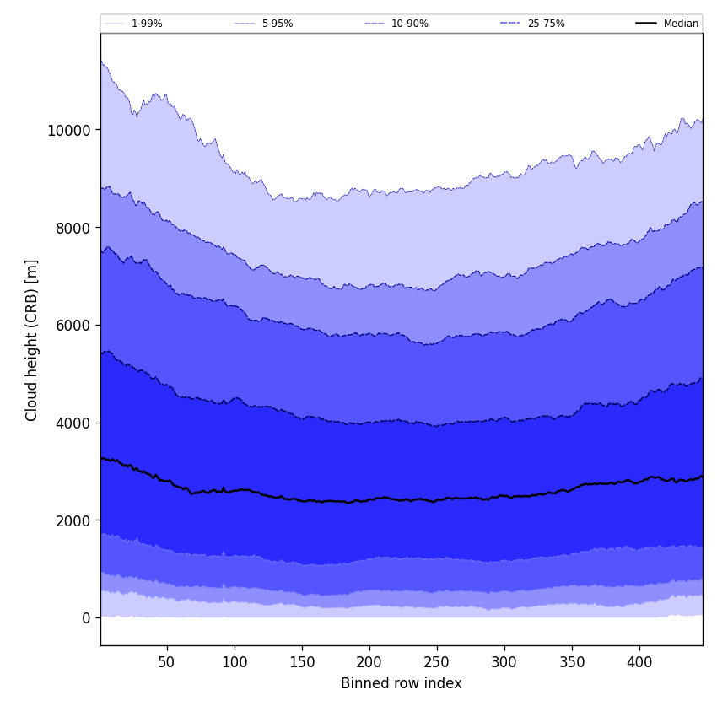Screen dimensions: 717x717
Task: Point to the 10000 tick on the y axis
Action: (68, 130)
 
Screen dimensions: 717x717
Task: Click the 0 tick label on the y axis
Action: (86, 618)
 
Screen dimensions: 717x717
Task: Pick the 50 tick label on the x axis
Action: (167, 662)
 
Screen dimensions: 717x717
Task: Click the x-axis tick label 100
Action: (235, 662)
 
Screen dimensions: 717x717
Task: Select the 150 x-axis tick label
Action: (302, 662)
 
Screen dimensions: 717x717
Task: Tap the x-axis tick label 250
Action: (437, 662)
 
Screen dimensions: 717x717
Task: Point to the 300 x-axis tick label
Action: (504, 662)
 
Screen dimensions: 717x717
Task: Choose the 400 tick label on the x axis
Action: (639, 662)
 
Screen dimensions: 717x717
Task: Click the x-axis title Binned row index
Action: (402, 683)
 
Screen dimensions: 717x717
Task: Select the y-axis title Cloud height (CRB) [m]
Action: (32, 340)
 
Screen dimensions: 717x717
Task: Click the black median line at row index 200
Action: (369, 499)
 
